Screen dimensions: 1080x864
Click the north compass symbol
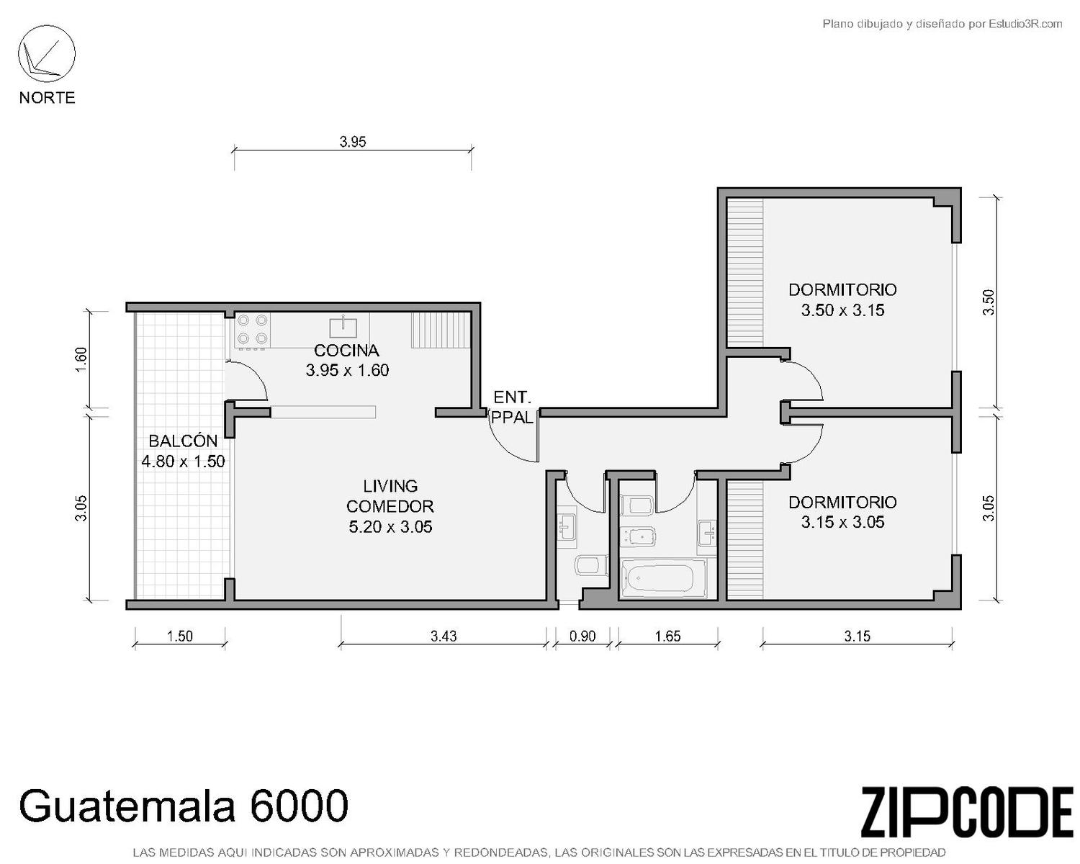point(47,54)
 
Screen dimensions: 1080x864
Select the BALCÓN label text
point(183,441)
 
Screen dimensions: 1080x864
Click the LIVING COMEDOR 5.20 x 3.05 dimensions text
point(390,526)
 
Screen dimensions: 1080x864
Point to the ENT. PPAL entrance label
point(512,407)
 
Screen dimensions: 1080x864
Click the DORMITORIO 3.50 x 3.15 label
point(842,300)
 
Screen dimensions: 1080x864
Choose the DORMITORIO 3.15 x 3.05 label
point(842,512)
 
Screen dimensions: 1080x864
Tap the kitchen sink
point(343,327)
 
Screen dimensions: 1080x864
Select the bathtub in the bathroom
point(663,579)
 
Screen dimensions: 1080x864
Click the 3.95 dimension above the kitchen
point(353,142)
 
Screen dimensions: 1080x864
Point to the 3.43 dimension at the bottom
point(444,636)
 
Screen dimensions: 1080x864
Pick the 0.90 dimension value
point(582,636)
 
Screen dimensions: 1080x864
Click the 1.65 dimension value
point(667,636)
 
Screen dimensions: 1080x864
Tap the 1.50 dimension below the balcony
point(180,636)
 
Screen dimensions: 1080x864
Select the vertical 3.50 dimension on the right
point(988,302)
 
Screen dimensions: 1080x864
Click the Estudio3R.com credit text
point(1025,24)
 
